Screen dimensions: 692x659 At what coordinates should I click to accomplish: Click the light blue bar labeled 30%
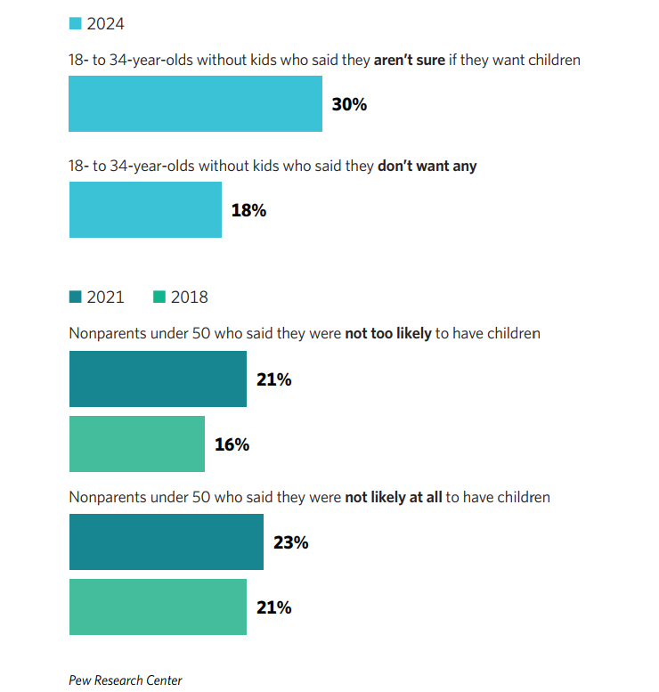(195, 104)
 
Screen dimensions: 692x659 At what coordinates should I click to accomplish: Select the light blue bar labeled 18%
(145, 210)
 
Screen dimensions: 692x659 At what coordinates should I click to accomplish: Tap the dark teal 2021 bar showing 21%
(158, 379)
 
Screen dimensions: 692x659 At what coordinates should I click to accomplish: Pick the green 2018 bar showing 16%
(137, 444)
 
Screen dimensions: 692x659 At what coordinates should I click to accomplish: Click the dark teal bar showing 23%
(167, 541)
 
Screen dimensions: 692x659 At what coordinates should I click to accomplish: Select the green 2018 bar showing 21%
(158, 607)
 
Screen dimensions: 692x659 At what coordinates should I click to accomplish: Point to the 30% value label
(349, 104)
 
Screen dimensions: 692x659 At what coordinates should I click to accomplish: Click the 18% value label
(248, 210)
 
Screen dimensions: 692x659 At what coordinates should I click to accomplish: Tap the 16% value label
(232, 444)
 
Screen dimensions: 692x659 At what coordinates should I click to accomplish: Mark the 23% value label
(290, 541)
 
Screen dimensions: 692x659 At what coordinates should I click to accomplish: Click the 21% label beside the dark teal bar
(273, 379)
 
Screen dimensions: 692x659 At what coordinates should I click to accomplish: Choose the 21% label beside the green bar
(273, 607)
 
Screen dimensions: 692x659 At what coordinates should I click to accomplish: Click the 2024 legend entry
(96, 24)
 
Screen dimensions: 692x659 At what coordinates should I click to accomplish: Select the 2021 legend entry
(96, 297)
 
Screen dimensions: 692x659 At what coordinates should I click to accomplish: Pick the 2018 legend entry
(181, 297)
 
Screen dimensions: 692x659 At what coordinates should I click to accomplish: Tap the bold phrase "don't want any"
(427, 167)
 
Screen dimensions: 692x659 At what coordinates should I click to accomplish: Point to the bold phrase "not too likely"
(388, 334)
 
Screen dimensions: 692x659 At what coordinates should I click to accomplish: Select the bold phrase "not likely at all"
(394, 497)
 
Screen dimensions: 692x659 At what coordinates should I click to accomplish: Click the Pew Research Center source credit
(126, 680)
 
